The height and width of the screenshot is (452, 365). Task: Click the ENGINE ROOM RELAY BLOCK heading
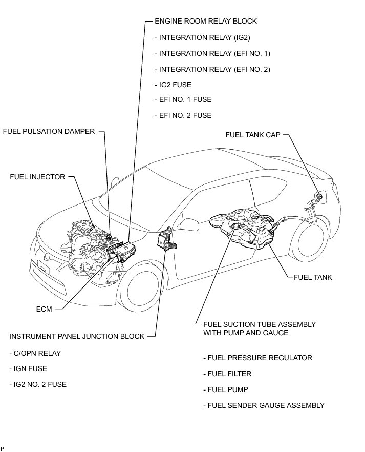pyautogui.click(x=205, y=21)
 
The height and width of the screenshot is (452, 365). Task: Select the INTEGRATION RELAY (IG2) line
pyautogui.click(x=202, y=37)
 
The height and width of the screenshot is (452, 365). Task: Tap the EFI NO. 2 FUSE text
pyautogui.click(x=183, y=115)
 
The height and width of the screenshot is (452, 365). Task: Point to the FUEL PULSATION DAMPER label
pyautogui.click(x=49, y=131)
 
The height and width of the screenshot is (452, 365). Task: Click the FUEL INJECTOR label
pyautogui.click(x=37, y=177)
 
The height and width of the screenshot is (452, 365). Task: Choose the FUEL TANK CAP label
pyautogui.click(x=253, y=135)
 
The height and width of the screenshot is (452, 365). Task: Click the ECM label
pyautogui.click(x=44, y=309)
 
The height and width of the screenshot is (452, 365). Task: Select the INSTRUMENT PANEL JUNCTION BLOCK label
pyautogui.click(x=77, y=336)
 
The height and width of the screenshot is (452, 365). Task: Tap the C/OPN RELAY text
pyautogui.click(x=35, y=353)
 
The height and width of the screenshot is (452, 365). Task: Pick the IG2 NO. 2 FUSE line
pyautogui.click(x=38, y=384)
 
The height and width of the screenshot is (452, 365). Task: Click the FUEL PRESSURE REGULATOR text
pyautogui.click(x=257, y=358)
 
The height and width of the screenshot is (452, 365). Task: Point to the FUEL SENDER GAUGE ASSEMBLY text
pyautogui.click(x=264, y=405)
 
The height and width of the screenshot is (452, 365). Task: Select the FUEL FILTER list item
pyautogui.click(x=227, y=374)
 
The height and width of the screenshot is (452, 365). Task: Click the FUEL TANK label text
pyautogui.click(x=313, y=277)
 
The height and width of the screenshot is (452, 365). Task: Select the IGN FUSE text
pyautogui.click(x=28, y=368)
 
